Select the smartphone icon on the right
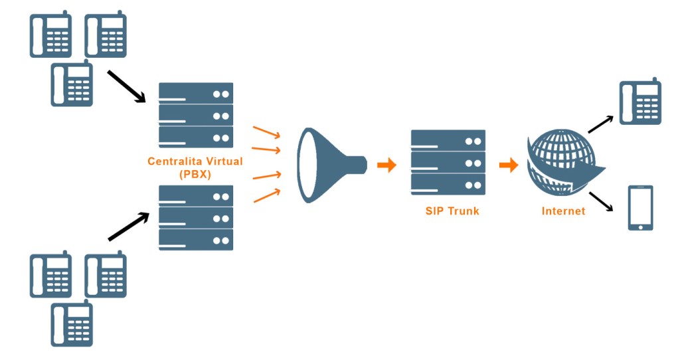[x=640, y=208]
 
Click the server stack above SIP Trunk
[x=448, y=162]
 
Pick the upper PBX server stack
[x=196, y=115]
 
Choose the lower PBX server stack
[x=196, y=218]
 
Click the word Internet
[x=563, y=211]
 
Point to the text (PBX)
[x=195, y=174]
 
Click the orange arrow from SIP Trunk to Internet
[x=509, y=165]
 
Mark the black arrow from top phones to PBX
[x=126, y=86]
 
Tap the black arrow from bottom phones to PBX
[x=128, y=227]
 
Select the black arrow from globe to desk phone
[x=601, y=123]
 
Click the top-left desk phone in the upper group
[x=50, y=35]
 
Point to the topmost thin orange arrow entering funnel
[x=266, y=132]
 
